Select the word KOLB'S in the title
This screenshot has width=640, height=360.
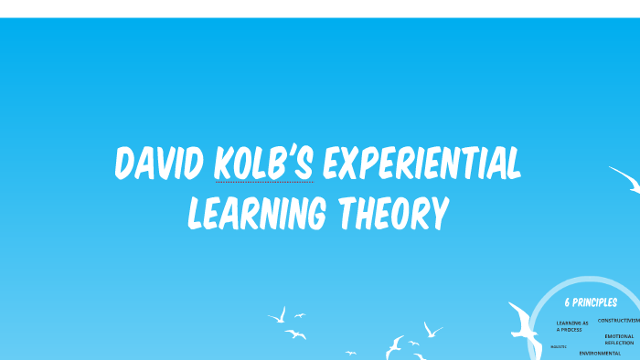click(264, 164)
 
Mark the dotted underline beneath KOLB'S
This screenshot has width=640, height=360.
click(264, 182)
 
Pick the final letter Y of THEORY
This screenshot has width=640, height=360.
click(440, 213)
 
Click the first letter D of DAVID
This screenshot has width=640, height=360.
click(126, 165)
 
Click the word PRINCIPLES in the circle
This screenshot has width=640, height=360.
click(595, 303)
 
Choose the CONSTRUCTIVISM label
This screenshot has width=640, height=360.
click(619, 321)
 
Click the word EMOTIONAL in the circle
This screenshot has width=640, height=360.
click(619, 335)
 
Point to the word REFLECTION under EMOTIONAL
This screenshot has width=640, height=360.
click(619, 343)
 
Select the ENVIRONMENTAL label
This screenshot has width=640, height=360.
click(600, 353)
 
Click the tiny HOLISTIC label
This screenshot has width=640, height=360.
click(558, 347)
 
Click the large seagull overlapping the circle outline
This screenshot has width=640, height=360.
click(524, 327)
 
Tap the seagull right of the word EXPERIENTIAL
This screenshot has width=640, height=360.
click(625, 177)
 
